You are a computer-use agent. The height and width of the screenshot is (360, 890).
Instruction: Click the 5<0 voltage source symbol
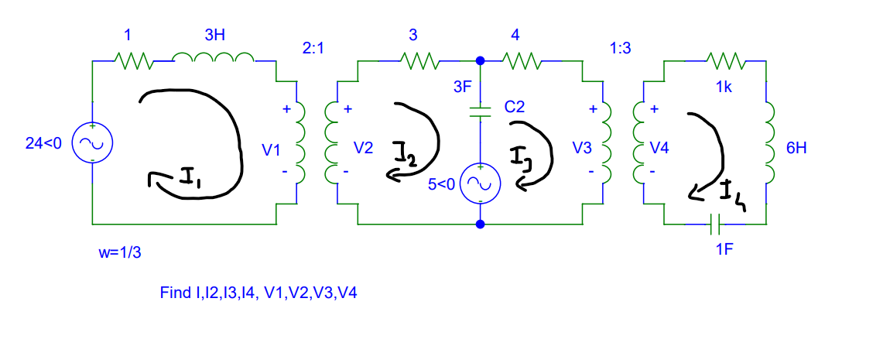point(481,183)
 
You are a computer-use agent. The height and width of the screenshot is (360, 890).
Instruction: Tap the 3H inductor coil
point(213,59)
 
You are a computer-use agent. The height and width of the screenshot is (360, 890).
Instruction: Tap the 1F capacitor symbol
point(715,225)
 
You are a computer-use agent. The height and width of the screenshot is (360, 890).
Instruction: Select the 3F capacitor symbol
point(481,112)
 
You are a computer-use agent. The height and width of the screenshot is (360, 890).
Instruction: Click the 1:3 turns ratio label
point(621,47)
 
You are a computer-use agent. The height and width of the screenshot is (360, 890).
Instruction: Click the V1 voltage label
point(270,150)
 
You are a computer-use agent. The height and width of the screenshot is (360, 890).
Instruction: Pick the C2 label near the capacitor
point(515,107)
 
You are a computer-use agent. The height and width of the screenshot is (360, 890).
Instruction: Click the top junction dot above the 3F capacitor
point(481,60)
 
